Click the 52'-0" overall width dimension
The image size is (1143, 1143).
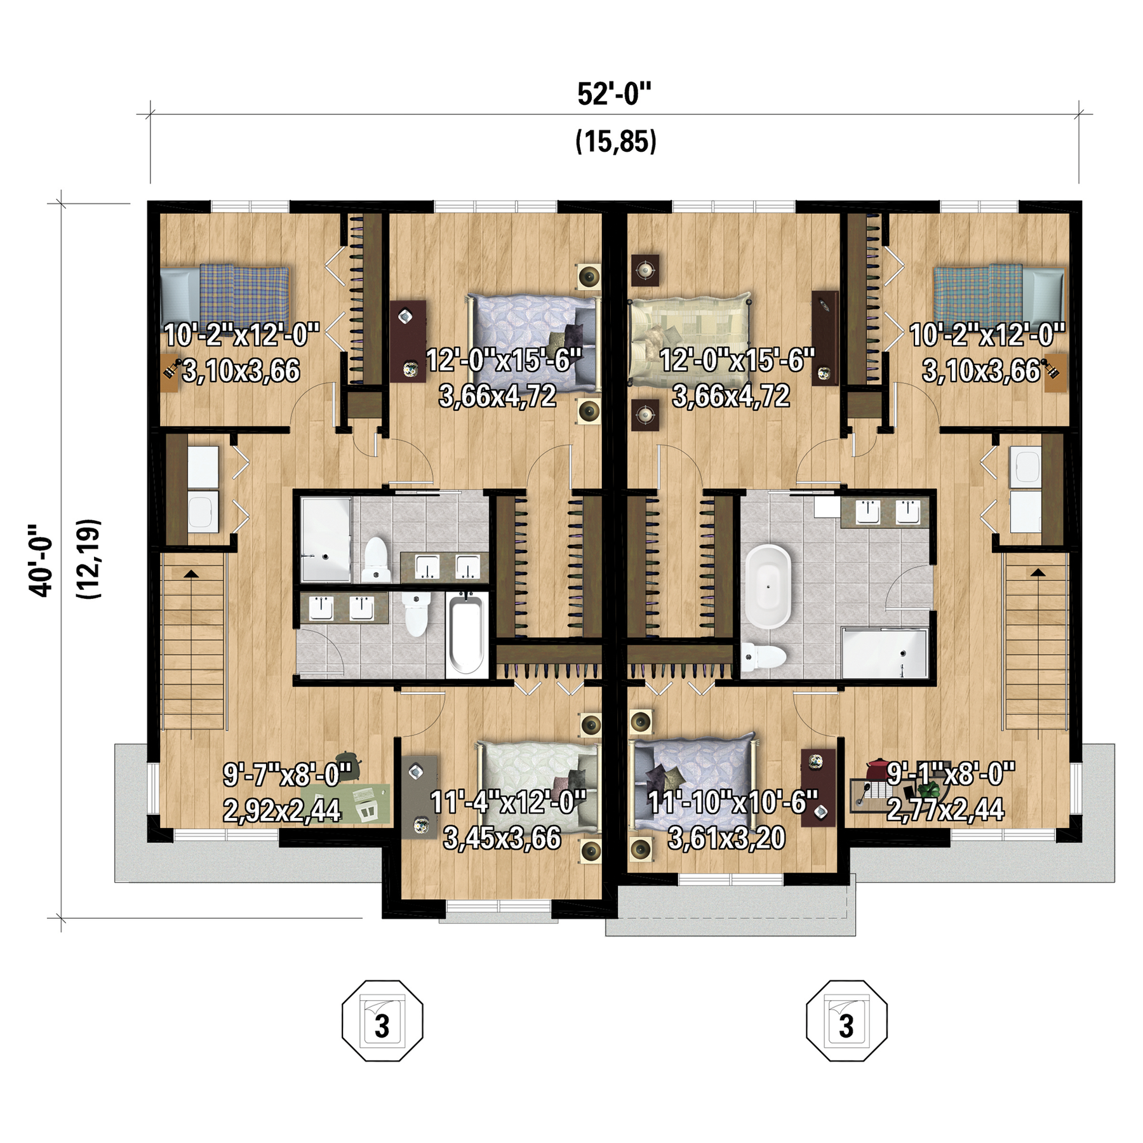pos(614,95)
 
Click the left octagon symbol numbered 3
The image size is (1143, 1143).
pos(382,1020)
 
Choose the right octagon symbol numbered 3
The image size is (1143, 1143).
pos(846,1020)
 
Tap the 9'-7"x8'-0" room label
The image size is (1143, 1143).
pos(287,774)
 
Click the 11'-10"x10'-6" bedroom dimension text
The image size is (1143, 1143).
pos(733,803)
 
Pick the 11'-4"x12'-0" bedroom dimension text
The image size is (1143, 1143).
pos(508,802)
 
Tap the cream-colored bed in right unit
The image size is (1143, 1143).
pos(689,340)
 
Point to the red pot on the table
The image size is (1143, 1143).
pos(878,768)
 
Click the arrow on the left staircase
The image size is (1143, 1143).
pos(190,573)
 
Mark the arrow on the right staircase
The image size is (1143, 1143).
pos(1038,572)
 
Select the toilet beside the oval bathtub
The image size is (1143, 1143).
pos(764,657)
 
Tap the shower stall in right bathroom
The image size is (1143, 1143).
pos(885,653)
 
